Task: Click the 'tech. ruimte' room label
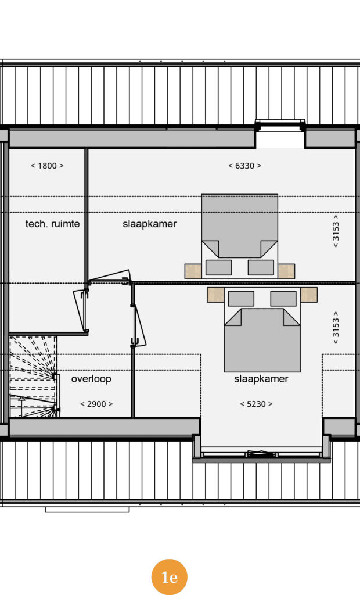click(52, 224)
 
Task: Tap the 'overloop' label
click(91, 379)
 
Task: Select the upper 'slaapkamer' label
click(149, 224)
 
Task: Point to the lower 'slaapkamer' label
click(261, 379)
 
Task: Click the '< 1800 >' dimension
click(47, 166)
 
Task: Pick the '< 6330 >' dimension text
click(244, 166)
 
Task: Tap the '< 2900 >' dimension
click(96, 404)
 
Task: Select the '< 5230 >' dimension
click(257, 404)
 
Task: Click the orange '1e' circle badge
click(169, 577)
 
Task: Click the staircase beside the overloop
click(33, 377)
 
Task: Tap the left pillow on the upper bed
click(218, 267)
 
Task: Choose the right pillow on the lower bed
click(283, 299)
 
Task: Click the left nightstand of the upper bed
click(193, 271)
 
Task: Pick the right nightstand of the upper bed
click(286, 271)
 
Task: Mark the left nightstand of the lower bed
click(215, 295)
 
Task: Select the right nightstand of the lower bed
click(309, 295)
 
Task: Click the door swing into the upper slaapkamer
click(110, 276)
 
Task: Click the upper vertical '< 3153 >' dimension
click(336, 231)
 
